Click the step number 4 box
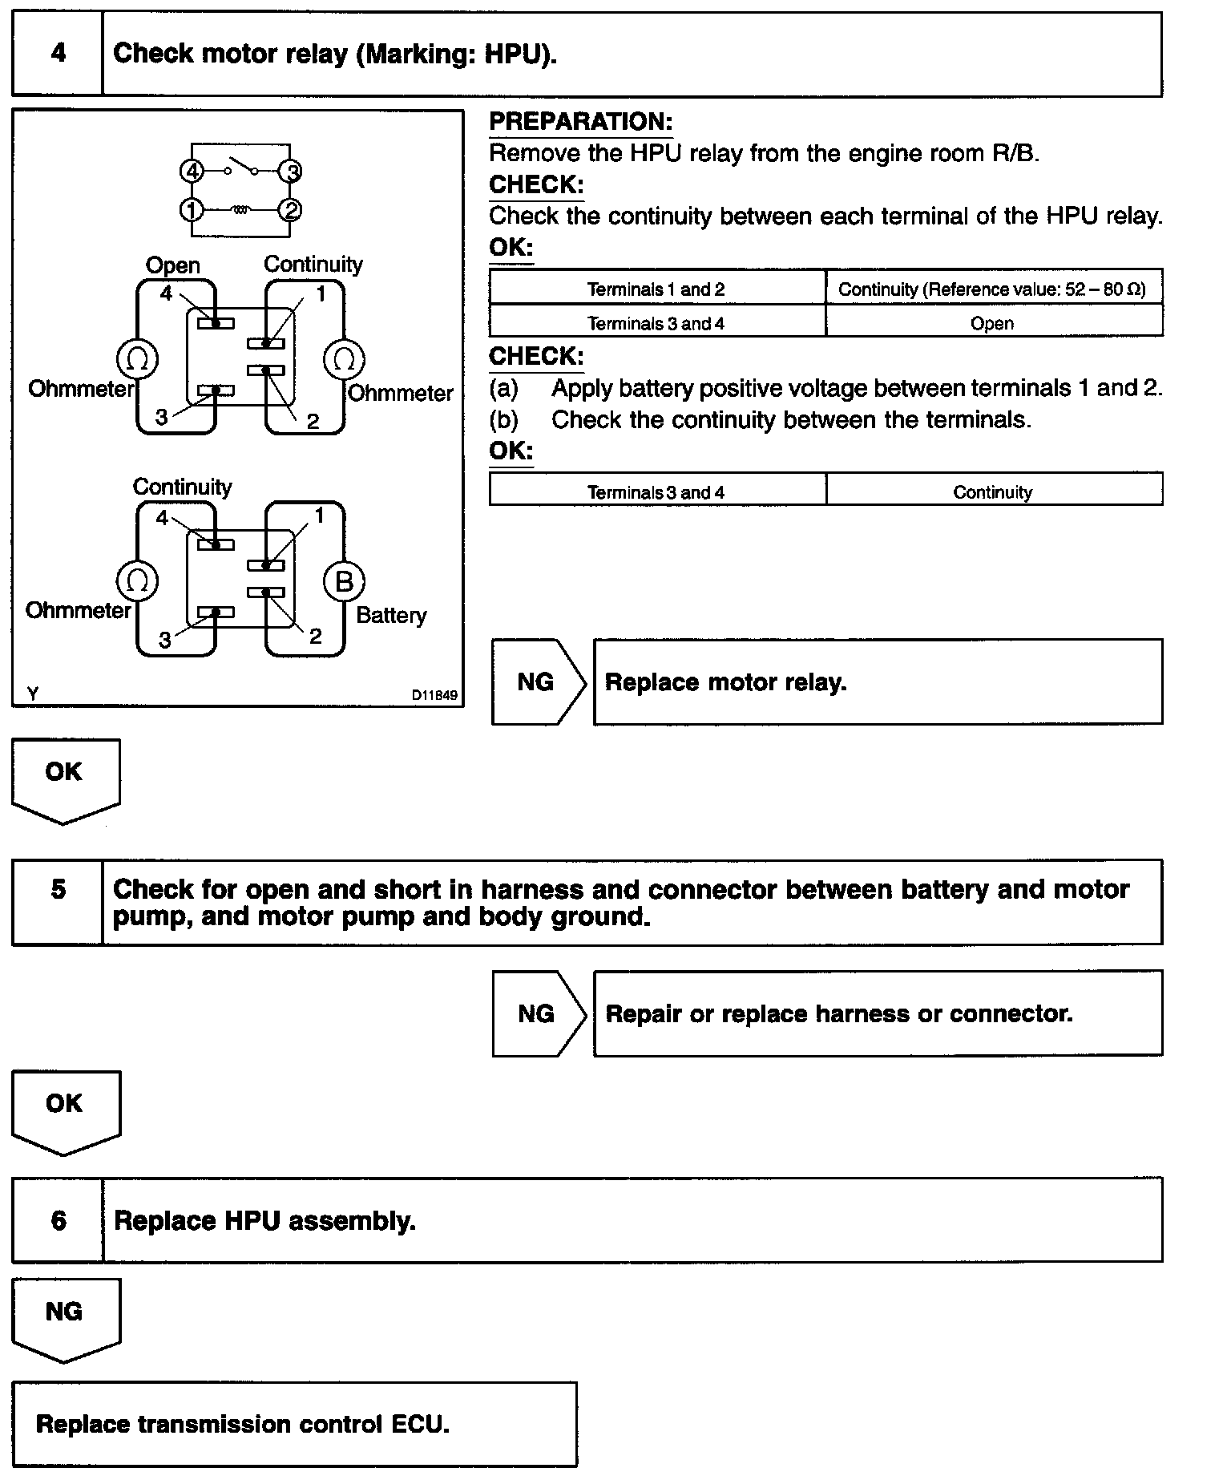pos(58,54)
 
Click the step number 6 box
pos(58,1221)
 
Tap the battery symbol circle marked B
pos(344,581)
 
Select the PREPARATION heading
pos(580,122)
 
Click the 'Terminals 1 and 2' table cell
pos(656,289)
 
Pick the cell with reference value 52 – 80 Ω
pos(992,289)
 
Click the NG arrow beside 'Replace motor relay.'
pos(536,682)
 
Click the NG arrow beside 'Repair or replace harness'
pos(536,1014)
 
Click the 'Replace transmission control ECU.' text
pos(243,1424)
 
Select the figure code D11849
pos(434,695)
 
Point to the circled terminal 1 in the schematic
pos(192,210)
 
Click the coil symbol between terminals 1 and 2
pos(240,210)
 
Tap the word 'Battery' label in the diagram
pos(391,616)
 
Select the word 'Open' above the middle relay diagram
pos(173,265)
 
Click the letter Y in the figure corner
pos(32,694)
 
